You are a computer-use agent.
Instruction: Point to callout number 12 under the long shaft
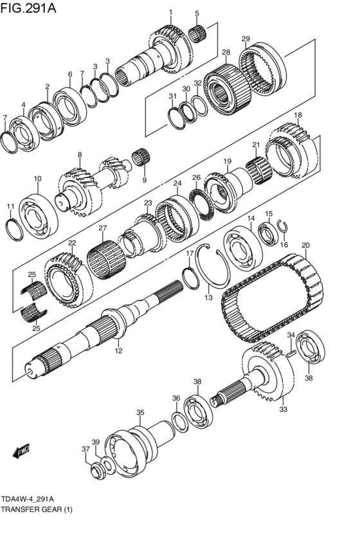(x=118, y=351)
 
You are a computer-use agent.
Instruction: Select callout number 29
(x=246, y=39)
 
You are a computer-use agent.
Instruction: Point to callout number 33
(x=283, y=408)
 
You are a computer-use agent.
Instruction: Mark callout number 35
(x=140, y=413)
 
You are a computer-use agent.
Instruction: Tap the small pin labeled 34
(x=292, y=352)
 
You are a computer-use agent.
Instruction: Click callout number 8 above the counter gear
(x=80, y=154)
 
